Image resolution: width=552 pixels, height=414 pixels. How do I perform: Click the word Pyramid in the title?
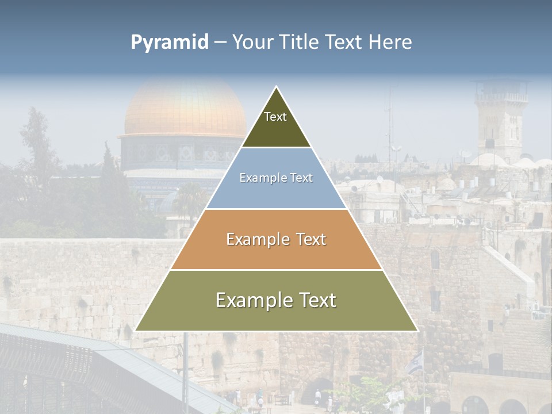pyautogui.click(x=169, y=43)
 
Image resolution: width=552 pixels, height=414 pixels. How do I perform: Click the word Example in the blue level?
pyautogui.click(x=262, y=178)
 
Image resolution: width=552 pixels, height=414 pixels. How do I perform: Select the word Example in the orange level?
pyautogui.click(x=258, y=239)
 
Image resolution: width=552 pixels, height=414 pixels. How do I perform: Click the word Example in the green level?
pyautogui.click(x=252, y=300)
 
